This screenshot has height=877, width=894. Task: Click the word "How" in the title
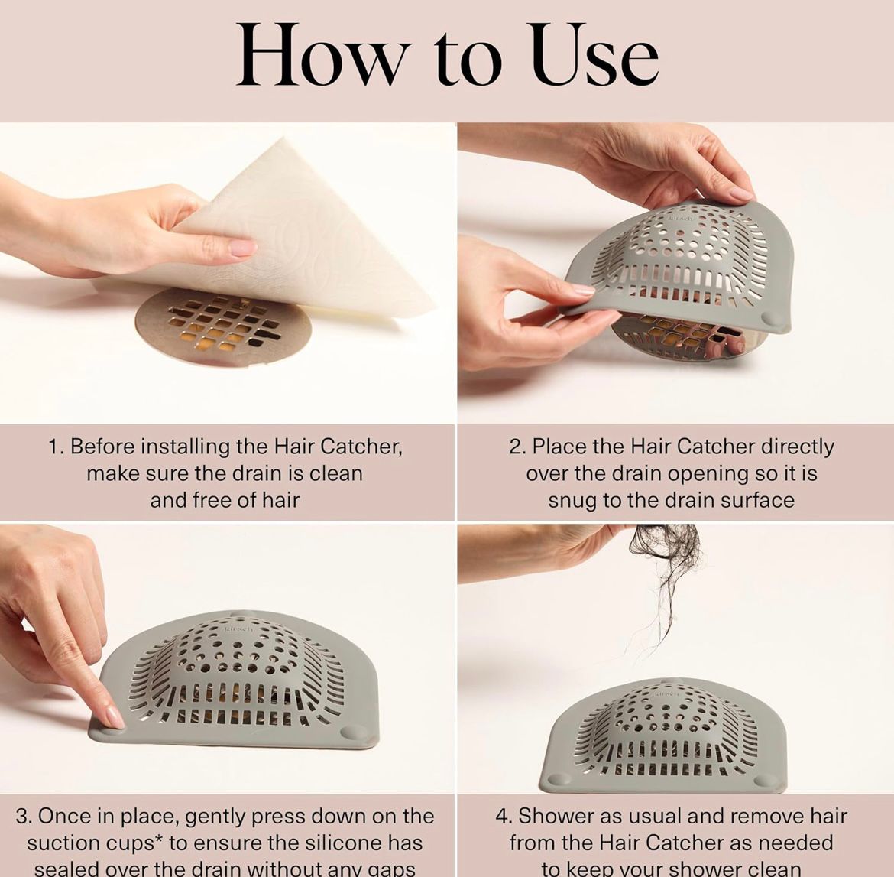point(321,55)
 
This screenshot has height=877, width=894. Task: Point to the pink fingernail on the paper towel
point(243,248)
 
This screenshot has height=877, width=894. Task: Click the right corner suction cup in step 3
point(352,732)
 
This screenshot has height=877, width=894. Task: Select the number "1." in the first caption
point(57,447)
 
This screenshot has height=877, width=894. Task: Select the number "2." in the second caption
point(517,447)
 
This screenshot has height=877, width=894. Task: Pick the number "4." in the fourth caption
point(504,816)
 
